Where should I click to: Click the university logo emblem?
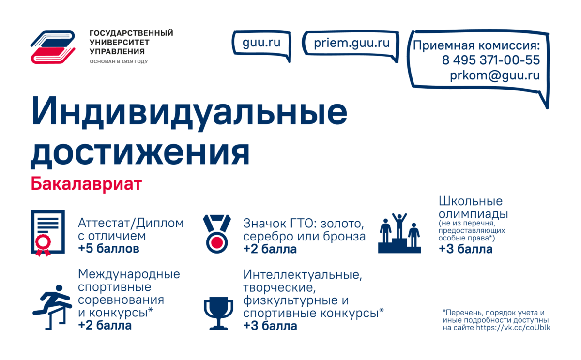[53, 47]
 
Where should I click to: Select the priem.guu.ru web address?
[352, 43]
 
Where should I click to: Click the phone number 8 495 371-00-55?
[490, 60]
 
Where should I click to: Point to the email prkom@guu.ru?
[494, 76]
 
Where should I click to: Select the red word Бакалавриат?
[86, 184]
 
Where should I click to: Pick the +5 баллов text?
[109, 249]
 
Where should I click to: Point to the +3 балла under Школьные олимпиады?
[465, 250]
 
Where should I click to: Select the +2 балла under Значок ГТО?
[270, 250]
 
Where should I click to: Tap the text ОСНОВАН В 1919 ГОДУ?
[119, 62]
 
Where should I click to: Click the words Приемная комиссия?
[476, 46]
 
